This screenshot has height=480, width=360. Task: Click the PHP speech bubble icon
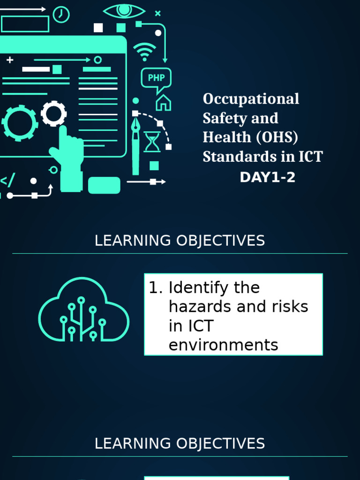156,79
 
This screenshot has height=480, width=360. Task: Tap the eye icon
124,11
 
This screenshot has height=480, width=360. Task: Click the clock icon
61,15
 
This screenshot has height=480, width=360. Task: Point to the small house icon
163,103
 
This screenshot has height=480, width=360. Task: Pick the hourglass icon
152,142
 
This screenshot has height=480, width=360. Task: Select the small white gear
53,113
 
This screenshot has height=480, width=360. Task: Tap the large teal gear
20,123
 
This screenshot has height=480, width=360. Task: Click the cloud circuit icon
83,310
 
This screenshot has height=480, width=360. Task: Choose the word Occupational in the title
251,99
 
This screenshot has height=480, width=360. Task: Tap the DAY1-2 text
268,178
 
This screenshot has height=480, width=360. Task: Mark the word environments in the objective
223,345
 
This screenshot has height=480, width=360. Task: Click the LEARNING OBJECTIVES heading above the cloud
180,241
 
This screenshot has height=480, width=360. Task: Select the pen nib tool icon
136,141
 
